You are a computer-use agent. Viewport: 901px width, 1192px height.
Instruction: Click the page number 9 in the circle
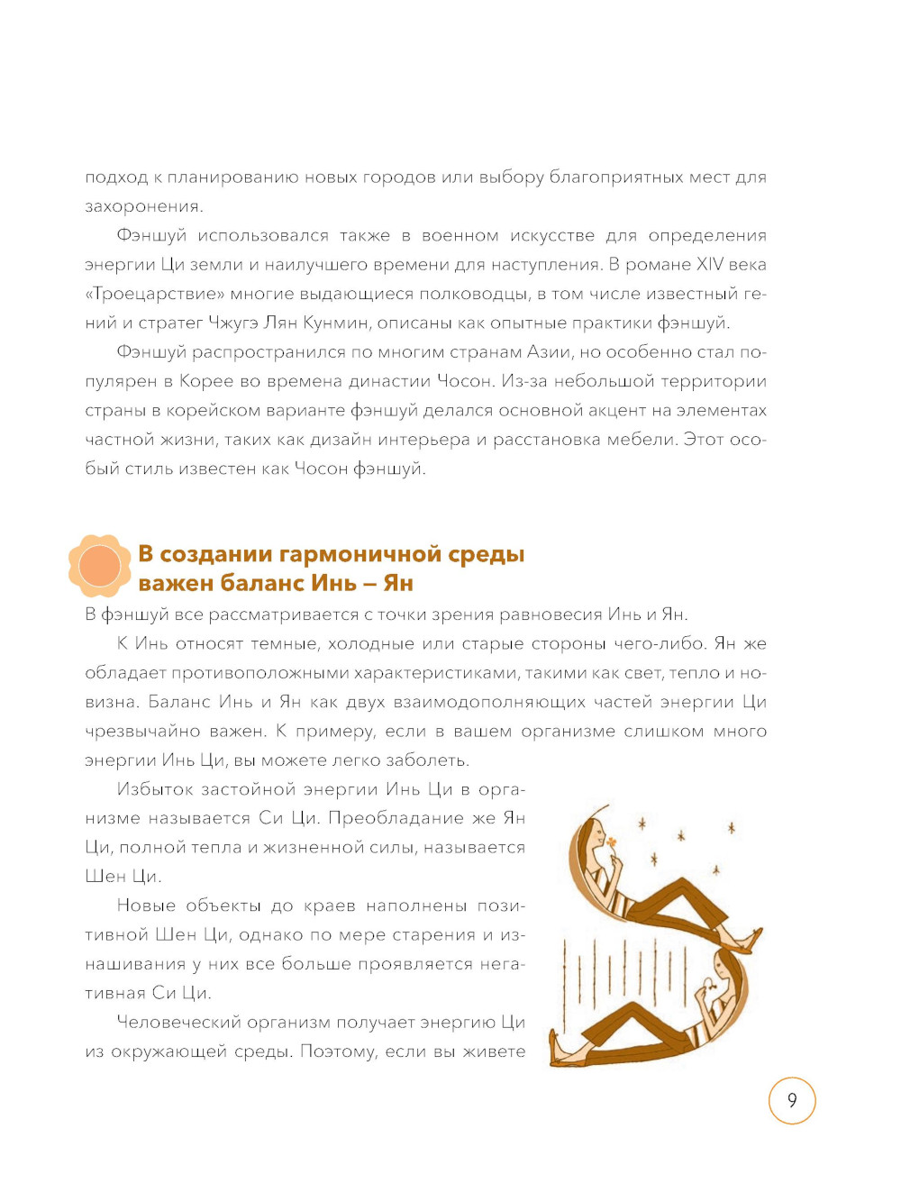(792, 1100)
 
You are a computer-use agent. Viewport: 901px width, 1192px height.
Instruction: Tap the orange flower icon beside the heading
(99, 566)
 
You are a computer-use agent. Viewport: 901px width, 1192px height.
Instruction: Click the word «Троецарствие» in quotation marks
(155, 294)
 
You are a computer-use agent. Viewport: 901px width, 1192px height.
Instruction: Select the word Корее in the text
(206, 381)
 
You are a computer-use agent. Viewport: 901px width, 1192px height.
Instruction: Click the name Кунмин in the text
(335, 323)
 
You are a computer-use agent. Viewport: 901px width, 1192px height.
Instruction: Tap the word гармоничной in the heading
(348, 553)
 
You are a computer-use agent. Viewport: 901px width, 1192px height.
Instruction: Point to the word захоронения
(142, 206)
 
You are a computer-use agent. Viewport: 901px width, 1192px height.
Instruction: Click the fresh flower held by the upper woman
(612, 843)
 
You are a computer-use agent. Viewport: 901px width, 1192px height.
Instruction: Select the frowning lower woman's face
(724, 971)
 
